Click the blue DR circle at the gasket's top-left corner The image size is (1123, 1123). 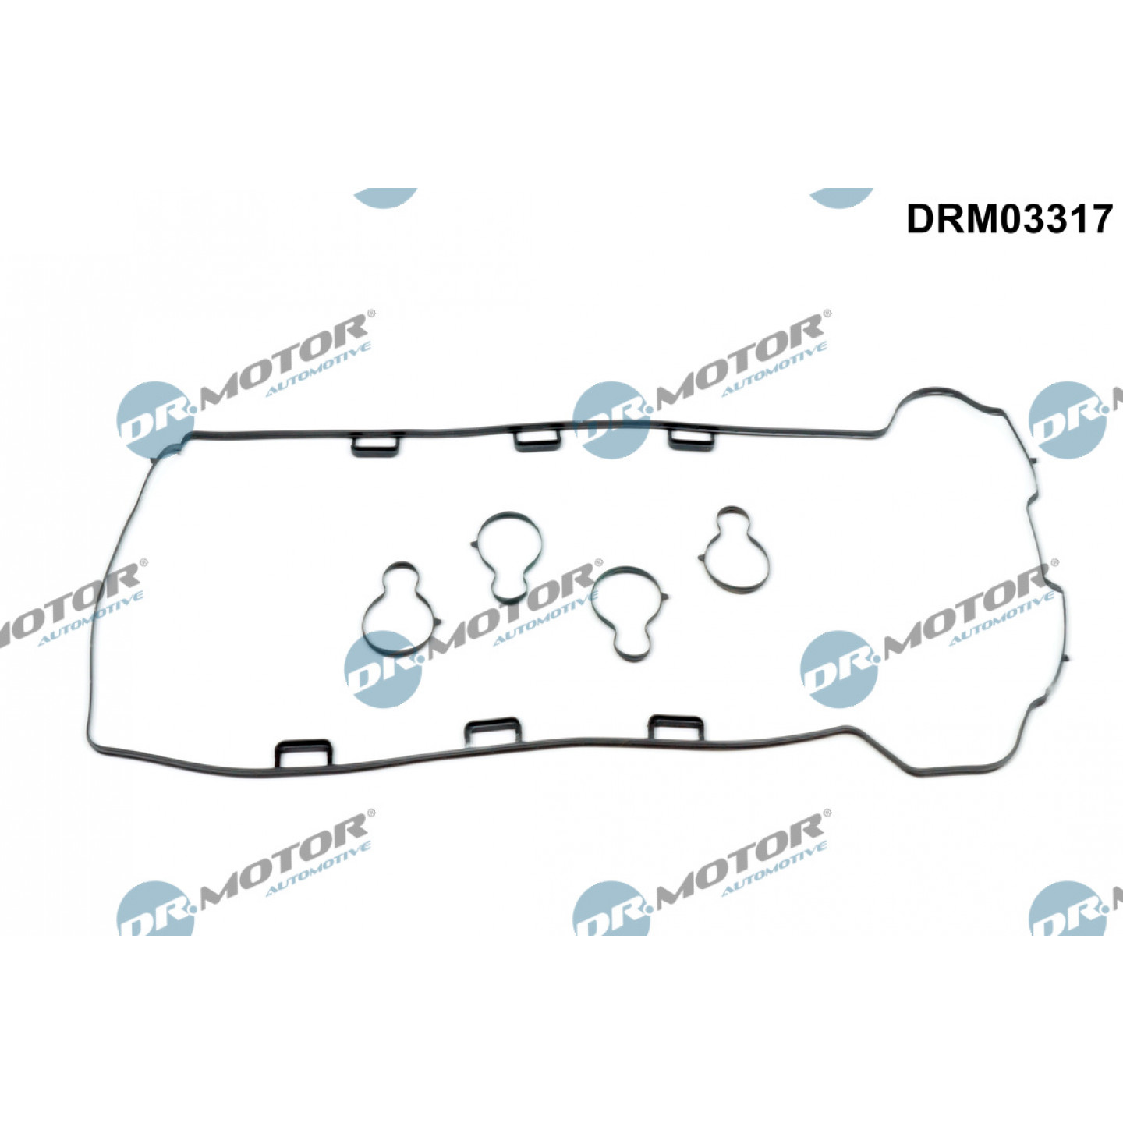pyautogui.click(x=155, y=420)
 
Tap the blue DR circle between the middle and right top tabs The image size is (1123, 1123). pyautogui.click(x=611, y=420)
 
